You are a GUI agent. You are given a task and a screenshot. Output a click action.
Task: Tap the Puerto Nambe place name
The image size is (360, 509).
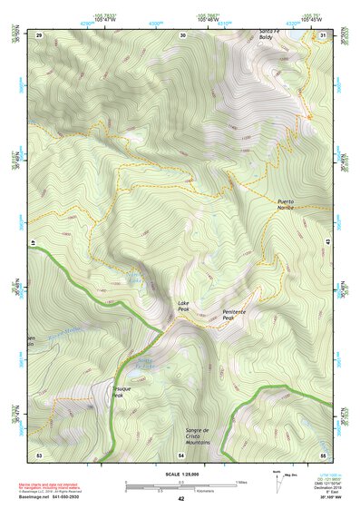pos(286,204)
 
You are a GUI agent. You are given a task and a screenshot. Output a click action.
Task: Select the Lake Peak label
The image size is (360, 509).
pos(183,307)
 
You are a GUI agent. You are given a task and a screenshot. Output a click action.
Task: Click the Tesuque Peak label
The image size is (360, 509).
pos(122,391)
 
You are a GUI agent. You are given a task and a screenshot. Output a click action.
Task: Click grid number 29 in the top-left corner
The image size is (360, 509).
pos(39,34)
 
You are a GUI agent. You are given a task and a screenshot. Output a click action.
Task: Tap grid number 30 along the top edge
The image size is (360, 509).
pos(182,34)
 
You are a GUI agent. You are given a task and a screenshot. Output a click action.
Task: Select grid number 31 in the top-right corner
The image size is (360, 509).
pos(324,34)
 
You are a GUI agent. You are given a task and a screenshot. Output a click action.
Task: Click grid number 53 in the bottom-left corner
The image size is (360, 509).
pos(39,454)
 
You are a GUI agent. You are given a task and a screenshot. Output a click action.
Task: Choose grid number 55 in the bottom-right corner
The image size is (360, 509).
pos(323,454)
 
